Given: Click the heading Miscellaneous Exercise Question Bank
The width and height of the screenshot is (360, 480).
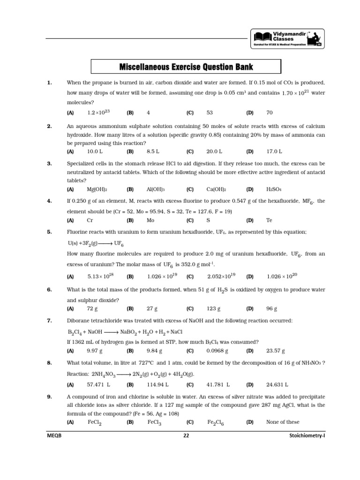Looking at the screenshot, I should (x=186, y=67).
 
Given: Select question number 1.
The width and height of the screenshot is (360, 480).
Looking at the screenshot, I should (x=49, y=83).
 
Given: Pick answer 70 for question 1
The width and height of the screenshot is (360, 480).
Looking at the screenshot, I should (x=269, y=113).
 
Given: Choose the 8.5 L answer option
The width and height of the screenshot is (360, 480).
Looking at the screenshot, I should (x=153, y=152).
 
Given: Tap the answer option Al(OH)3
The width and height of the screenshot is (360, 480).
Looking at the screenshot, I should (x=156, y=189).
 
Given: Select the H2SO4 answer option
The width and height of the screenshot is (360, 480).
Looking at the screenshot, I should (x=273, y=189).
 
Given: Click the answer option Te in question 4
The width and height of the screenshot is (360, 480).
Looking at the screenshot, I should (x=269, y=220).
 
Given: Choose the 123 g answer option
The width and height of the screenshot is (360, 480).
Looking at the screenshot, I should (x=214, y=309).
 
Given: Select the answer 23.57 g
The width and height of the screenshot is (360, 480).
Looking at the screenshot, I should (x=276, y=351).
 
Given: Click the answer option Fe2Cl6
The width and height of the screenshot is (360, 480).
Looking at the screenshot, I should (x=216, y=422).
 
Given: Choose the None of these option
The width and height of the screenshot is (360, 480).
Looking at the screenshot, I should (x=283, y=422).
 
